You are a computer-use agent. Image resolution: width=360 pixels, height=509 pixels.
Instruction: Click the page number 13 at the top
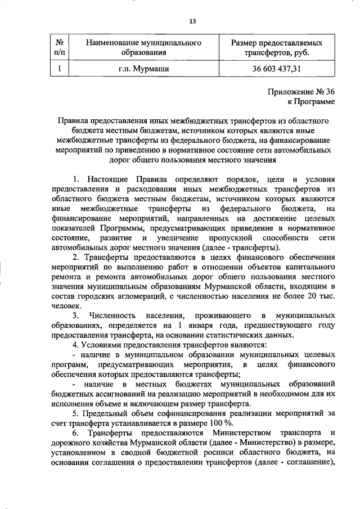(192, 21)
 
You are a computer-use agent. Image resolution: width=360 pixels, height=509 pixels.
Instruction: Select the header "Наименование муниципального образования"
(144, 48)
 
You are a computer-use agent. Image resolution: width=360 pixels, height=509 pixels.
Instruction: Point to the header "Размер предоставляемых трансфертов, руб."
(277, 48)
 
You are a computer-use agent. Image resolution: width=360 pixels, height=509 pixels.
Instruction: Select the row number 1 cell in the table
(59, 70)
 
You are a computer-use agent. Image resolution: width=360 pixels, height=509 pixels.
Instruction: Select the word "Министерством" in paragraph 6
(241, 433)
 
